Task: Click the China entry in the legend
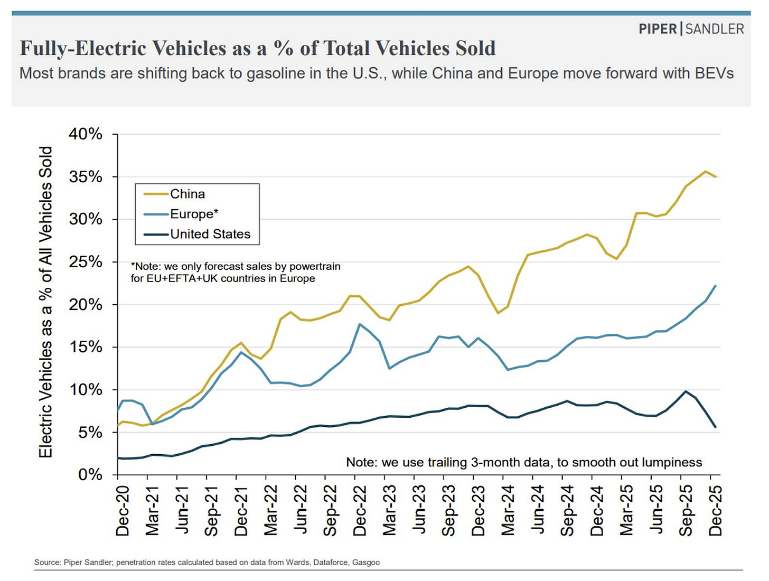(x=187, y=194)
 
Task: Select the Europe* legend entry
(x=193, y=214)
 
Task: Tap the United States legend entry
(x=210, y=234)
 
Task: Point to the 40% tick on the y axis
(x=86, y=134)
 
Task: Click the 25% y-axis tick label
(x=86, y=262)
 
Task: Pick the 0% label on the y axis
(x=90, y=475)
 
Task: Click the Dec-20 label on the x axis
(x=123, y=511)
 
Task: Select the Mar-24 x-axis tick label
(x=508, y=511)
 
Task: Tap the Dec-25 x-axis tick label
(x=715, y=511)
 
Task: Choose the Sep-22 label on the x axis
(x=330, y=511)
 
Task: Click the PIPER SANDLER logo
(x=691, y=29)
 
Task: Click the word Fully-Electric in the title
(x=83, y=48)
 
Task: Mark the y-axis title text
(x=46, y=302)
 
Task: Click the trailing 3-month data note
(x=524, y=463)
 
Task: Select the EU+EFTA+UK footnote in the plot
(x=236, y=273)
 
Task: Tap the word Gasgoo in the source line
(x=366, y=563)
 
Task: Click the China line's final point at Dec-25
(x=716, y=177)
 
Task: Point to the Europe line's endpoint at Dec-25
(x=716, y=286)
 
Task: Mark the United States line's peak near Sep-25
(x=686, y=391)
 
